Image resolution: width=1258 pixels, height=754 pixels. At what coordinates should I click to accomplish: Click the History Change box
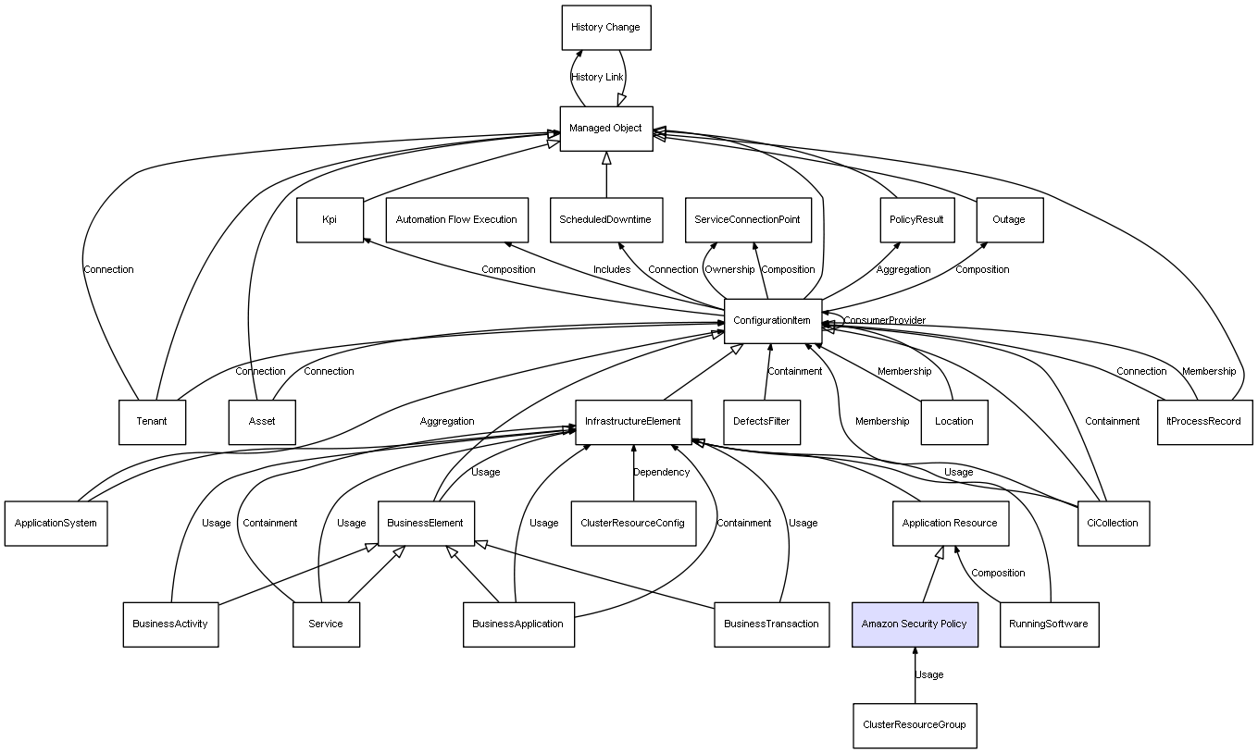pyautogui.click(x=605, y=28)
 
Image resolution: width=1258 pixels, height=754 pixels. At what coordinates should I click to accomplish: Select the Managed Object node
pyautogui.click(x=605, y=129)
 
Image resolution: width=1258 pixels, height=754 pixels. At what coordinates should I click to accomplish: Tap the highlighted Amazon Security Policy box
pyautogui.click(x=915, y=624)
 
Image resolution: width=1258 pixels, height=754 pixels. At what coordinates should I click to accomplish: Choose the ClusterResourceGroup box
pyautogui.click(x=915, y=725)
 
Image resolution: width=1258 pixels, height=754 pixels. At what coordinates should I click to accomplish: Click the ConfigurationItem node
pyautogui.click(x=772, y=321)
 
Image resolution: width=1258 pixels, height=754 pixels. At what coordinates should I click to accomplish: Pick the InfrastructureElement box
pyautogui.click(x=632, y=422)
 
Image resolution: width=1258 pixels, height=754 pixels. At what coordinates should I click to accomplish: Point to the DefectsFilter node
pyautogui.click(x=762, y=422)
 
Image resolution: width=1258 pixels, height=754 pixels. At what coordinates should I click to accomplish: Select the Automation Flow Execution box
pyautogui.click(x=456, y=220)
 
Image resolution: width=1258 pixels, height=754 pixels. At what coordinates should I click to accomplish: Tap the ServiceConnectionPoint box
pyautogui.click(x=748, y=220)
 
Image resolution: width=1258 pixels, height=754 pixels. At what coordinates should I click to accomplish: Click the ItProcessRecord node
pyautogui.click(x=1204, y=422)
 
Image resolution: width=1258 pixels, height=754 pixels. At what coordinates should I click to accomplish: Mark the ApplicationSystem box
pyautogui.click(x=56, y=524)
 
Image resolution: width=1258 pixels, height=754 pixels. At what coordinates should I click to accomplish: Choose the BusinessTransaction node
pyautogui.click(x=771, y=624)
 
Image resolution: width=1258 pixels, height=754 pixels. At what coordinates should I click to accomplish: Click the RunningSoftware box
pyautogui.click(x=1049, y=624)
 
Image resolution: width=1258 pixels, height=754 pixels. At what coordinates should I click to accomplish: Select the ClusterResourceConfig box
pyautogui.click(x=632, y=524)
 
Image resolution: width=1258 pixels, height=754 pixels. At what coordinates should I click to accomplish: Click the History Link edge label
pyautogui.click(x=597, y=78)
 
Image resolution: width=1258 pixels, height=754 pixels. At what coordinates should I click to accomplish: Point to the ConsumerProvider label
pyautogui.click(x=885, y=321)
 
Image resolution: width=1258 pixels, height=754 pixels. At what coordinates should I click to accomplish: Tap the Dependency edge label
pyautogui.click(x=661, y=473)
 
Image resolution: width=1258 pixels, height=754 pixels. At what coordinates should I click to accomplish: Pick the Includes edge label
pyautogui.click(x=612, y=270)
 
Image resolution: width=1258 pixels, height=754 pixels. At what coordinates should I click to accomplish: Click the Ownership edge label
pyautogui.click(x=729, y=270)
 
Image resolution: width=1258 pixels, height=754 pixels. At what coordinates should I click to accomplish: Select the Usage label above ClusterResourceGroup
pyautogui.click(x=929, y=675)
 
